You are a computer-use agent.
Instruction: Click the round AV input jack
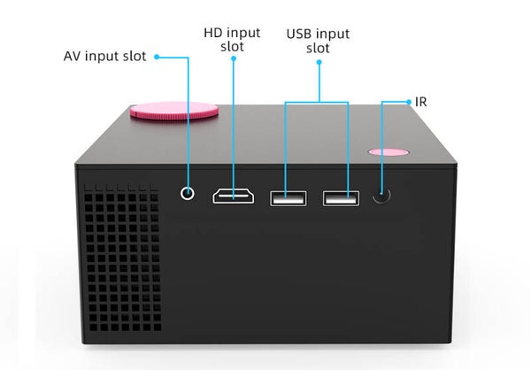(x=188, y=194)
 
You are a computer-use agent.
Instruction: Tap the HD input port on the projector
(x=234, y=197)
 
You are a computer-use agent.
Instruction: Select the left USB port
(x=289, y=198)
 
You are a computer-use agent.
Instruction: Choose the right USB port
(x=341, y=198)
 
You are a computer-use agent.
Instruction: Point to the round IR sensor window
(x=381, y=195)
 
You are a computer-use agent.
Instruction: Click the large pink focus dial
(x=174, y=111)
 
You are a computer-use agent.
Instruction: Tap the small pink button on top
(x=389, y=151)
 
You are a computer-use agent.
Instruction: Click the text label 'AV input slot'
(x=105, y=57)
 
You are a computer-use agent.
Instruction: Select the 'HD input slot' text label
(x=232, y=40)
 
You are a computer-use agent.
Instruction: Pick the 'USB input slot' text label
(x=318, y=41)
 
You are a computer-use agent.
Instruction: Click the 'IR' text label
(x=421, y=102)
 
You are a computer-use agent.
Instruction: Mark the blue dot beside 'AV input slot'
(x=157, y=57)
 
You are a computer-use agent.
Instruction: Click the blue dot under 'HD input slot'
(x=234, y=58)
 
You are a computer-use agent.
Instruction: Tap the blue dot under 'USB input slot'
(x=319, y=62)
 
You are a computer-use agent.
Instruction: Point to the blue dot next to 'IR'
(x=409, y=102)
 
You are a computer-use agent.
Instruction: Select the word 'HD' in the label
(x=212, y=33)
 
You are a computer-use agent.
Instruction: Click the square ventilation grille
(x=122, y=258)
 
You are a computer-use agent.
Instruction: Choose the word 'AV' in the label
(x=73, y=57)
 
